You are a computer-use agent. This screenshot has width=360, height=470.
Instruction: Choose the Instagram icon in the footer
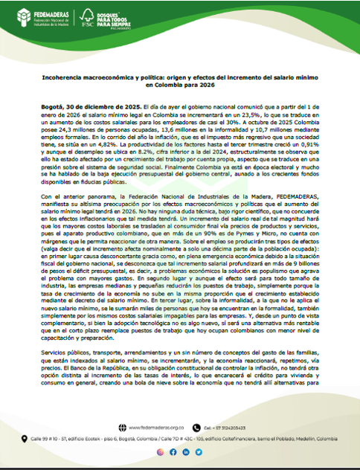point(159,451)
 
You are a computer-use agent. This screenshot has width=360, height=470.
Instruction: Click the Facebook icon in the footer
point(173,451)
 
